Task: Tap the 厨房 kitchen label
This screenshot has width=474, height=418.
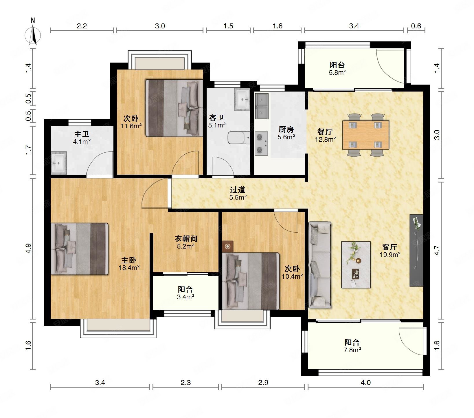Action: tap(286, 129)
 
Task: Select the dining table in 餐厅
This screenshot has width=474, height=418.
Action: tap(365, 135)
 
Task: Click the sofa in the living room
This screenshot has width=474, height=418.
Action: tap(320, 265)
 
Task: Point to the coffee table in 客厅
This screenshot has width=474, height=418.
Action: tap(356, 265)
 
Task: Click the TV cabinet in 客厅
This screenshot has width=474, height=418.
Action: tap(416, 251)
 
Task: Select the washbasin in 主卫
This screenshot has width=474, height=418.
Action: tap(59, 163)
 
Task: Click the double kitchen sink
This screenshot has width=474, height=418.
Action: tap(261, 106)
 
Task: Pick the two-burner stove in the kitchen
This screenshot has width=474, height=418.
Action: tap(261, 143)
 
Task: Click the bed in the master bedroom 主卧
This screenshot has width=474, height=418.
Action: tap(79, 249)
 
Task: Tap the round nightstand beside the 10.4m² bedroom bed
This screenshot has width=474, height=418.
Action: tap(228, 247)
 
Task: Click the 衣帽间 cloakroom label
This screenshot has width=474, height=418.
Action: tap(186, 239)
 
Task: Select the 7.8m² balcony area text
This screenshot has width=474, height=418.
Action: tap(352, 350)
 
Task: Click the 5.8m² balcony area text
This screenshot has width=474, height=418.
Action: tap(337, 72)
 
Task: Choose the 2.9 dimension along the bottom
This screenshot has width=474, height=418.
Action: tap(263, 383)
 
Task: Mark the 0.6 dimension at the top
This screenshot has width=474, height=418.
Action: tap(416, 26)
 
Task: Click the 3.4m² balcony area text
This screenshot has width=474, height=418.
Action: tap(185, 297)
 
